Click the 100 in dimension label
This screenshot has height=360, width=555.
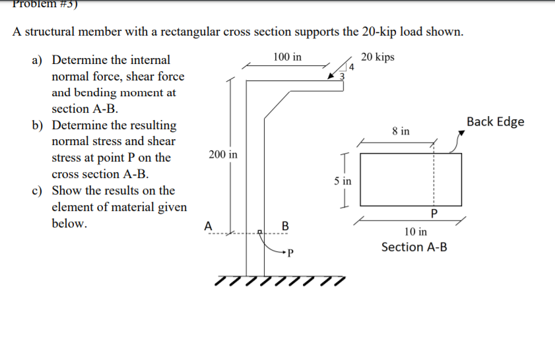tap(287, 57)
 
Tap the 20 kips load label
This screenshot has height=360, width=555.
tap(378, 57)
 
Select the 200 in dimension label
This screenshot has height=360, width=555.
tap(223, 154)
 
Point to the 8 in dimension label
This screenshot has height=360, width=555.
tap(400, 131)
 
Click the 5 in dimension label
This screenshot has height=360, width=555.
tap(343, 180)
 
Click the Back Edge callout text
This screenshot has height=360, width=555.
tap(495, 121)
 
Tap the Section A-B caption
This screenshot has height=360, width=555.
tap(414, 247)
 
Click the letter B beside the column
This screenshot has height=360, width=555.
tap(285, 226)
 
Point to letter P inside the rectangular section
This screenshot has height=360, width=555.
tap(433, 213)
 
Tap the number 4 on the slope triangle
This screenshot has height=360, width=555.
tap(352, 67)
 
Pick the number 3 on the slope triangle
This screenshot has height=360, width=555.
tap(341, 77)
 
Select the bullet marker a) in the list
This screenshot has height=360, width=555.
tap(38, 60)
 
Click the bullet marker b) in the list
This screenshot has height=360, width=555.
tap(38, 125)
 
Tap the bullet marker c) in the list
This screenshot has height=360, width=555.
tap(38, 191)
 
